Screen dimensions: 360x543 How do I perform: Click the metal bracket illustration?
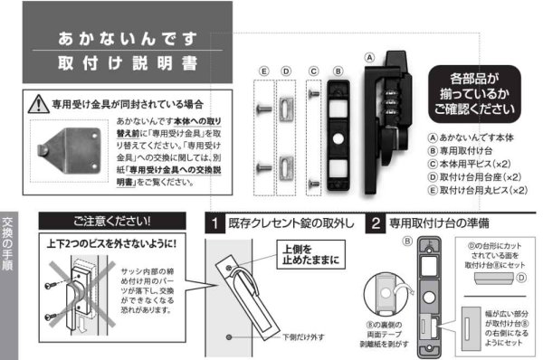coord(71,147)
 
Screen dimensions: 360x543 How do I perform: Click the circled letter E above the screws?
coord(262,70)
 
